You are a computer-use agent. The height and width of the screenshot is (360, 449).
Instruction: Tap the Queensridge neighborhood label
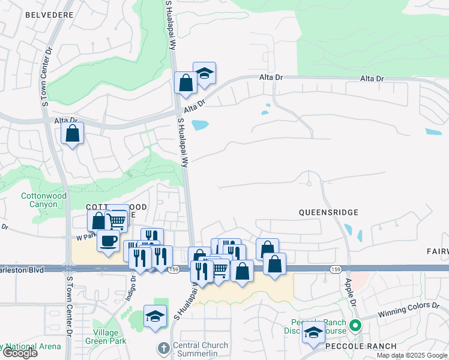[x=329, y=212]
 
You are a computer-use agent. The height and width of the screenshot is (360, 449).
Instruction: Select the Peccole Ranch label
[x=361, y=346]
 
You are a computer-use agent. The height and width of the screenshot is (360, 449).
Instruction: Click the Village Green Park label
[x=110, y=336]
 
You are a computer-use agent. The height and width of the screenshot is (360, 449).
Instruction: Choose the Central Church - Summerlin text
[x=200, y=349]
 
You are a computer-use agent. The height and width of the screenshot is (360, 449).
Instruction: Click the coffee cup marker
[x=108, y=241]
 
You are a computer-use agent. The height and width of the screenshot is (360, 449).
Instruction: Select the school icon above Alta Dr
[x=204, y=73]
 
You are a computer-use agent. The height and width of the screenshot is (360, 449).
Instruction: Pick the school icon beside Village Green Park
[x=155, y=316]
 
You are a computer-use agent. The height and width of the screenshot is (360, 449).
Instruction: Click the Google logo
[x=20, y=353]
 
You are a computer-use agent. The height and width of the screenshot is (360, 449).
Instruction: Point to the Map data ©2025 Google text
[x=411, y=355]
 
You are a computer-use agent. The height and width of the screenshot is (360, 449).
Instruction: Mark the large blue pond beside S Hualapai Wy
[x=200, y=125]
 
